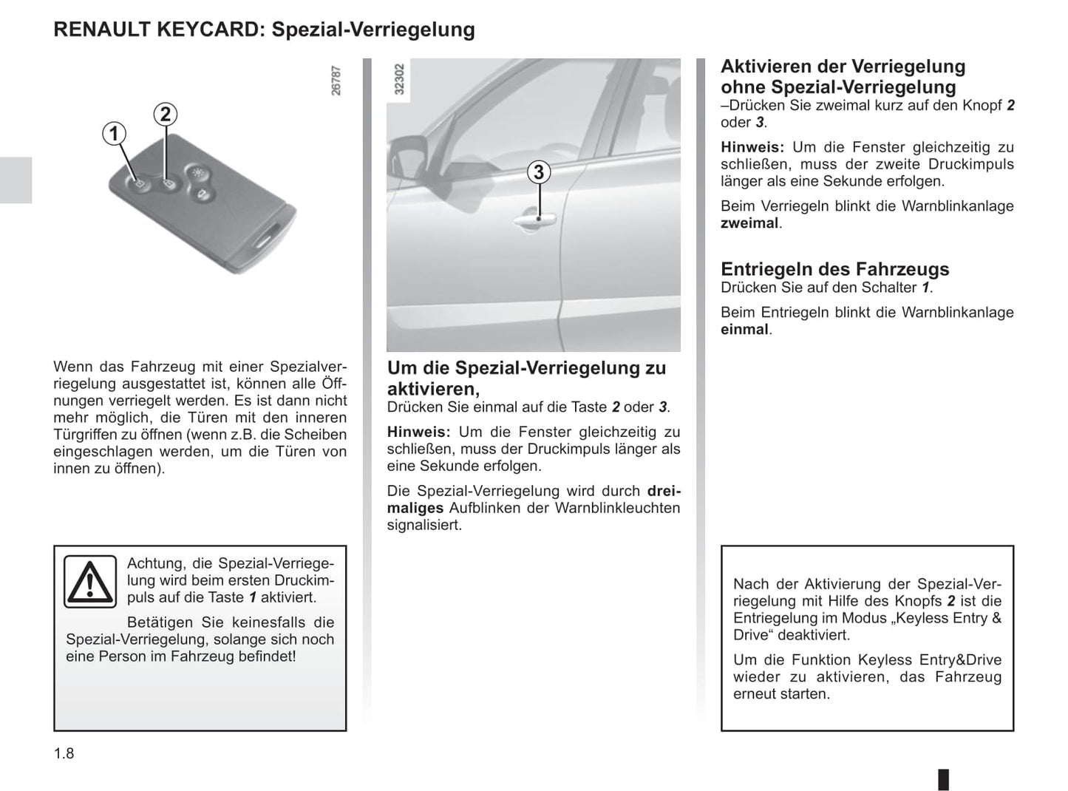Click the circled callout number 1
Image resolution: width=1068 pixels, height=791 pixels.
114,134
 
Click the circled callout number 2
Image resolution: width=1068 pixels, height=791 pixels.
166,114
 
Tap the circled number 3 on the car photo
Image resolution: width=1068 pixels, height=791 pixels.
539,172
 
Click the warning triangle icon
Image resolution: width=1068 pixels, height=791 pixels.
89,581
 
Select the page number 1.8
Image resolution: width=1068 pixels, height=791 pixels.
64,753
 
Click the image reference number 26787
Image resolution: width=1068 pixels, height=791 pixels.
336,81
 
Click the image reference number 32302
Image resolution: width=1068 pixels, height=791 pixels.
400,79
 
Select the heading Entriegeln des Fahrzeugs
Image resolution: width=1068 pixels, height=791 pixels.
834,269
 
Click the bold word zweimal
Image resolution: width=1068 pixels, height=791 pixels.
749,223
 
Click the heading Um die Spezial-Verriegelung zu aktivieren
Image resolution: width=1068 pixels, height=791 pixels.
526,377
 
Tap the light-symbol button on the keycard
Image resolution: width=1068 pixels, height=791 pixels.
197,172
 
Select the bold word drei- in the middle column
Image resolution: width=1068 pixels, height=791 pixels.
663,491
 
